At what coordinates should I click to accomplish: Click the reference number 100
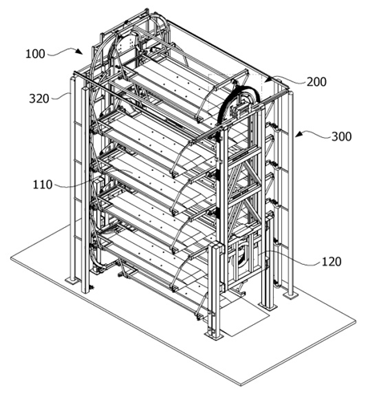[35, 54]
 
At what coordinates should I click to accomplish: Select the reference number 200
[316, 82]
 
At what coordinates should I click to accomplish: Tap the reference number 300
[341, 136]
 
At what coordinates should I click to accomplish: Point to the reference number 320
[39, 99]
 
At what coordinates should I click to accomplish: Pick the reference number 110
[42, 185]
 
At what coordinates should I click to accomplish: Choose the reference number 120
[332, 262]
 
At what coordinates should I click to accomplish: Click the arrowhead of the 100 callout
[79, 51]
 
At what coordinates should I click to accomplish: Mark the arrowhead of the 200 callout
[268, 79]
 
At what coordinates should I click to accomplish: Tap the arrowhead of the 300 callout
[299, 134]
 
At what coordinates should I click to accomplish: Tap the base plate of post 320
[73, 280]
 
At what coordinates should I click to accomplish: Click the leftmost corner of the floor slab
[11, 258]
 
